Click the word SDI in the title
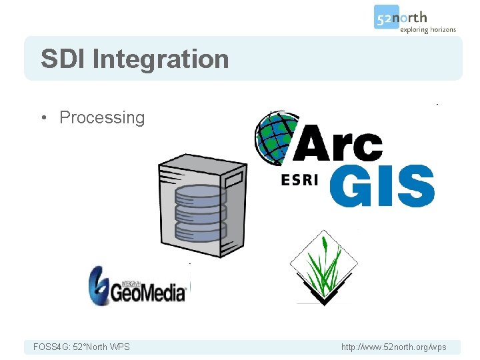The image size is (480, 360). click(63, 59)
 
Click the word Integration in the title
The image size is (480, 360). click(161, 59)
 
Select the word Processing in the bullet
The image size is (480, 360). click(102, 117)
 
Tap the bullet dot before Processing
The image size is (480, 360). click(43, 118)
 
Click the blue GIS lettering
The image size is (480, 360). click(381, 186)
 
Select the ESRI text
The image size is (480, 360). click(300, 180)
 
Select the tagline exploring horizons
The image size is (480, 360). click(427, 29)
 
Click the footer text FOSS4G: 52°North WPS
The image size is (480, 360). click(81, 347)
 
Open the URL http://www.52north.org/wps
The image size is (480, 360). click(393, 347)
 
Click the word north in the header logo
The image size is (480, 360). click(413, 17)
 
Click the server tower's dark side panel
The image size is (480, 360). click(233, 213)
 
